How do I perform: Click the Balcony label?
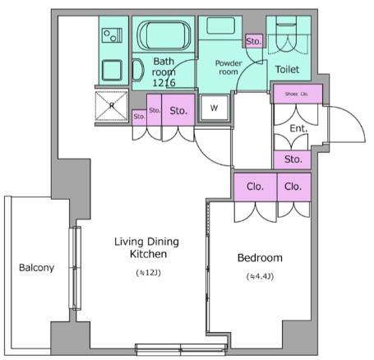pos(36,267)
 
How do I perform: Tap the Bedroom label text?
pos(260,258)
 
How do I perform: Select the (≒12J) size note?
pos(148,273)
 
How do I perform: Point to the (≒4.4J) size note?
pos(260,277)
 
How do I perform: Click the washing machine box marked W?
pos(215,108)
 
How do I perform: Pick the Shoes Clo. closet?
pos(298,94)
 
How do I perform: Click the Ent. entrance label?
pos(298,128)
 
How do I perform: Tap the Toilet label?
pos(287,69)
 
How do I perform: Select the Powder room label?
pos(229,67)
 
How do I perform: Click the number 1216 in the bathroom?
pos(164,82)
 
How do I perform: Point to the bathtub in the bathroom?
pos(164,35)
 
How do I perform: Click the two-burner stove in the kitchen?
pos(112,35)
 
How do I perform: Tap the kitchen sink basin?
pos(112,71)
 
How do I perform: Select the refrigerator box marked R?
pos(112,106)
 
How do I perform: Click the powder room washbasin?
pos(220,25)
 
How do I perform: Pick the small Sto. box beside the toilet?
pos(254,41)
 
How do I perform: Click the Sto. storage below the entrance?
pos(293,159)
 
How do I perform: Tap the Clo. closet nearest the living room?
pos(255,187)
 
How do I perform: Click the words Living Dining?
pos(146,242)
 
